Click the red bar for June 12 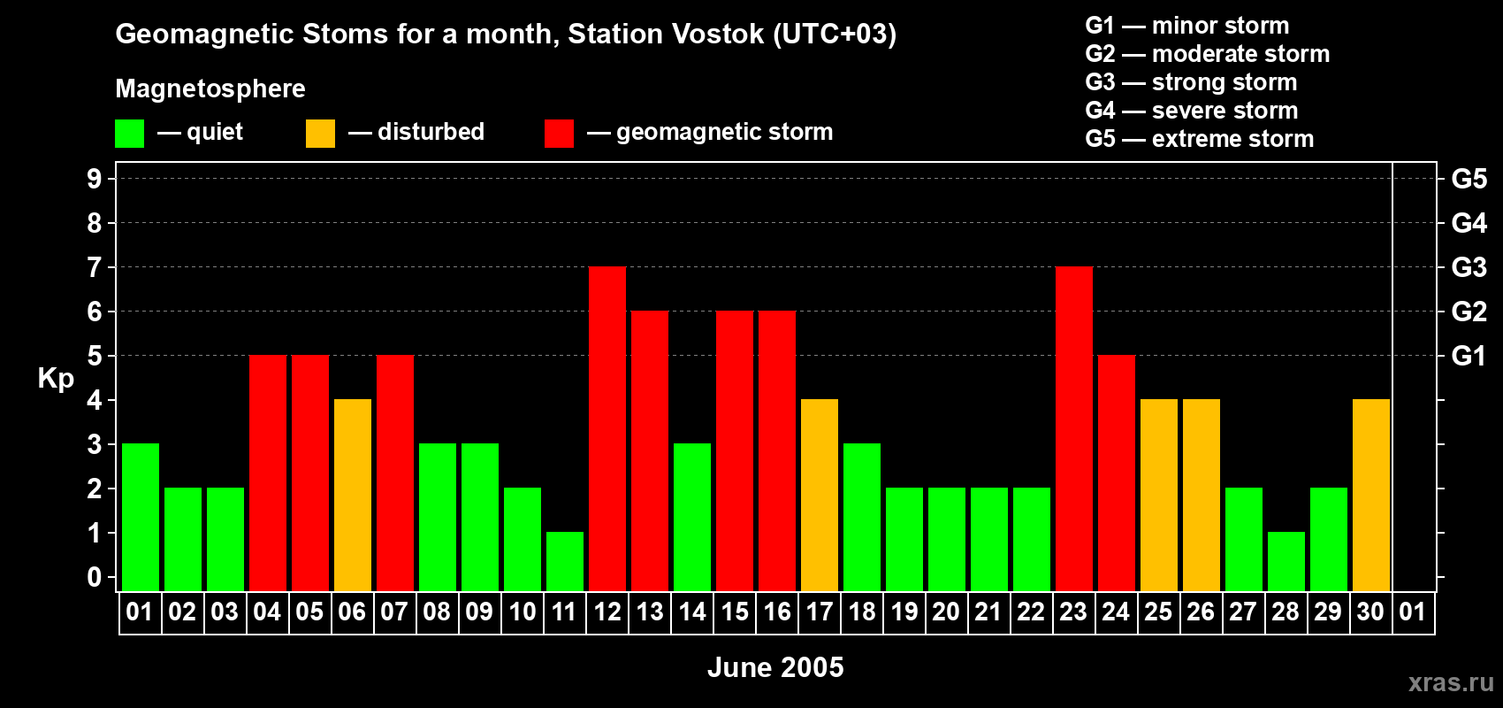point(607,428)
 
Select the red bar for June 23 point(1074,428)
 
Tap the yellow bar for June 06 point(353,495)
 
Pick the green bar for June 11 point(565,561)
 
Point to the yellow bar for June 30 point(1371,495)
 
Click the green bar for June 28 point(1286,561)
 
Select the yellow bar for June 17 point(820,495)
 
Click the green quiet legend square point(129,134)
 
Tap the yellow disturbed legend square point(320,134)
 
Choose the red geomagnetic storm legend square point(559,134)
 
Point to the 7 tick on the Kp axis point(95,267)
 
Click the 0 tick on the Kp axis point(95,578)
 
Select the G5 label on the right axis point(1469,179)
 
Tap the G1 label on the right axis point(1469,356)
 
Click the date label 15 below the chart point(735,612)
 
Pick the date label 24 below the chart point(1116,612)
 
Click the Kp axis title point(56,379)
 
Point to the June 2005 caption point(775,667)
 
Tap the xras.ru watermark point(1450,682)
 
